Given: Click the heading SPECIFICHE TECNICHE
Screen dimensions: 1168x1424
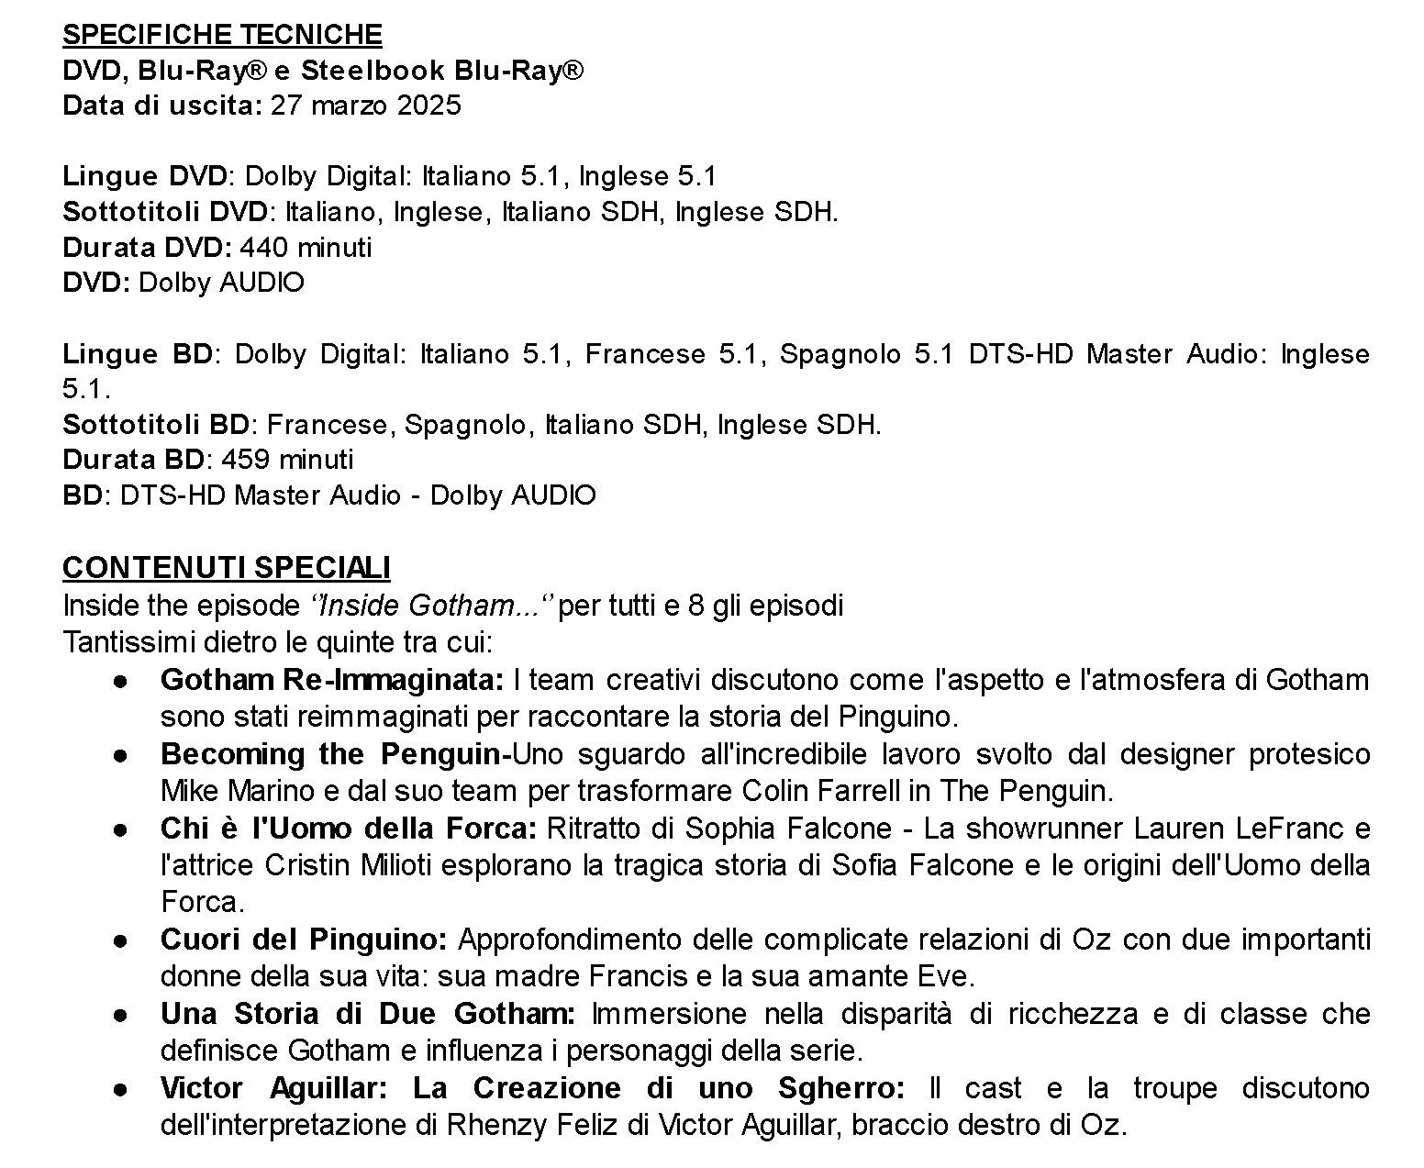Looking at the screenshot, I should (x=222, y=35).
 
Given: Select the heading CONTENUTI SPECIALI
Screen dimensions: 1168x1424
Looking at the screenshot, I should (x=226, y=568).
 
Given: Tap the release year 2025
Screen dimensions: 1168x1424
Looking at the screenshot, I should (x=429, y=106).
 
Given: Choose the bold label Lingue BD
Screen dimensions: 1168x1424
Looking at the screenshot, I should (x=138, y=354).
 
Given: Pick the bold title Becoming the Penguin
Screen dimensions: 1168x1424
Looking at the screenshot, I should (x=330, y=754).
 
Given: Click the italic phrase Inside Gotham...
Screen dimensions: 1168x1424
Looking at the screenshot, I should (x=426, y=606).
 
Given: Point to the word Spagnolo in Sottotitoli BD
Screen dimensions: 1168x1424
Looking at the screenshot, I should (x=465, y=425).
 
